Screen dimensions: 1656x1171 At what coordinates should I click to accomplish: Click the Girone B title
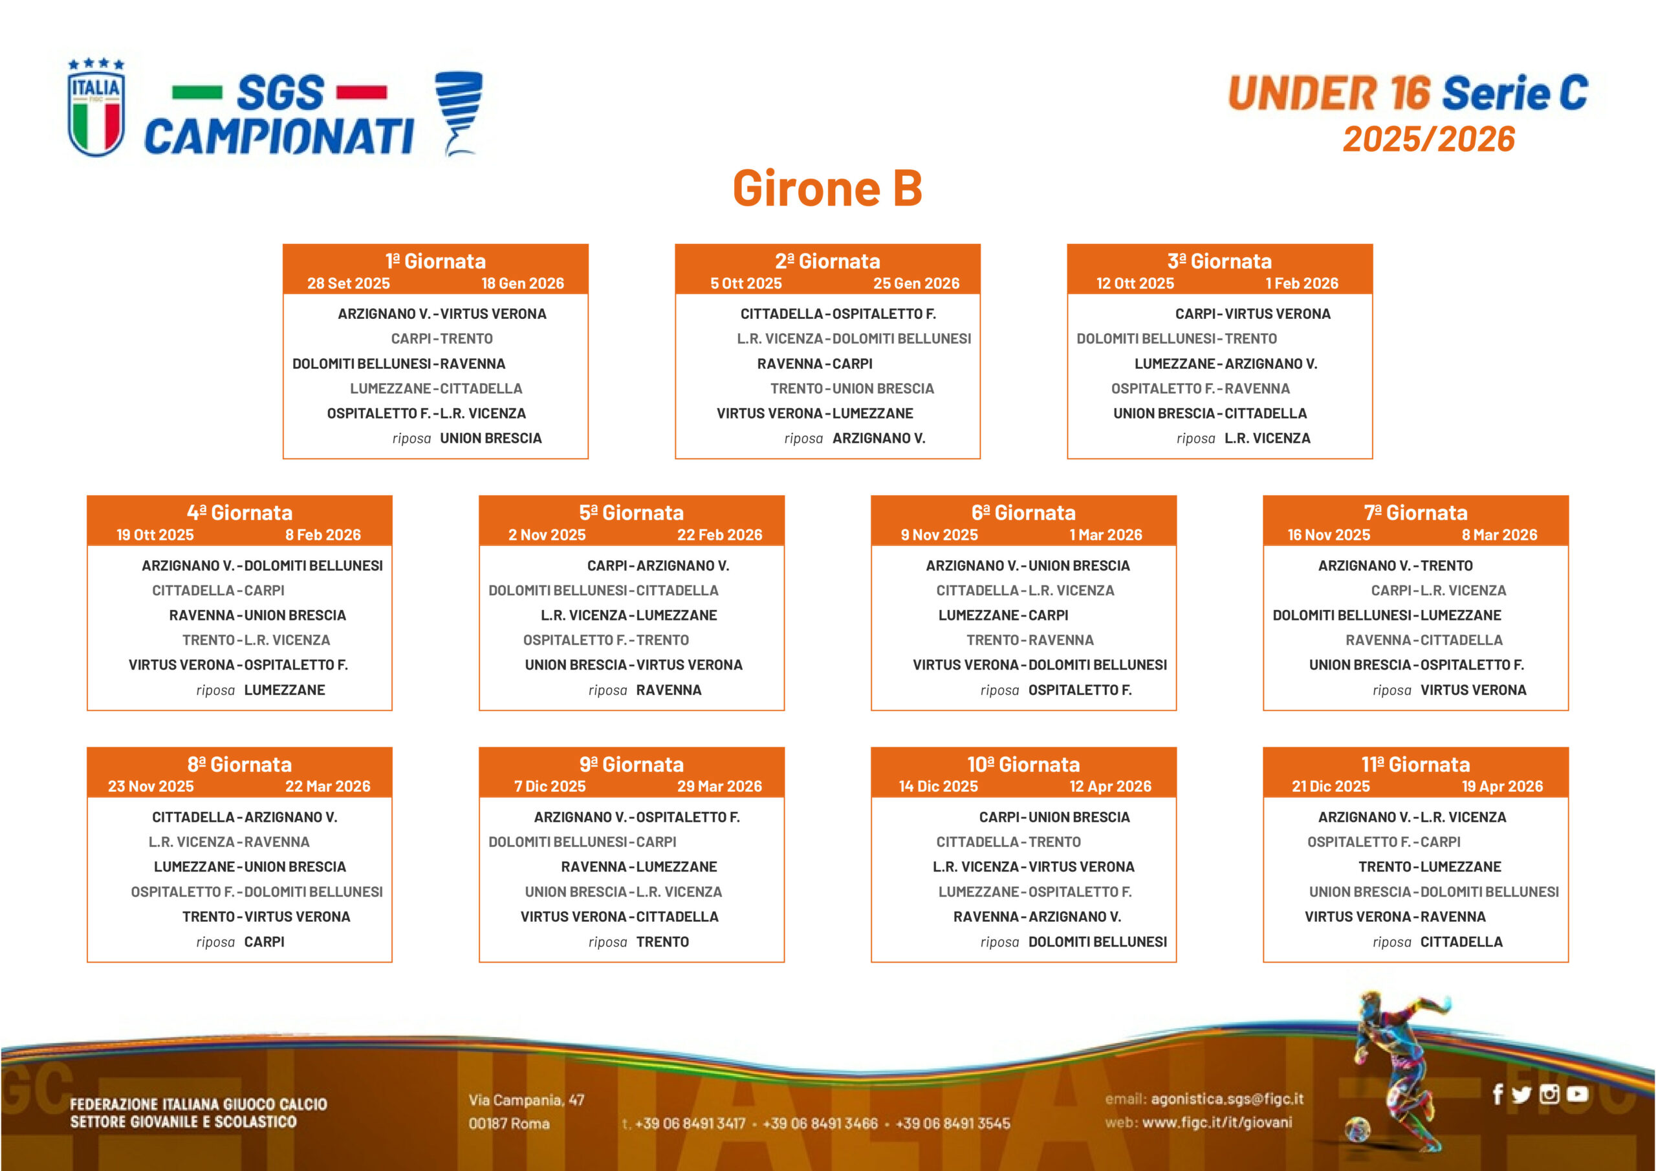(827, 188)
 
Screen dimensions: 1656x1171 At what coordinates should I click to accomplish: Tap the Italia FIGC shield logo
(96, 107)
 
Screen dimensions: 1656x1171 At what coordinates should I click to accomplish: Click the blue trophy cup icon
(459, 113)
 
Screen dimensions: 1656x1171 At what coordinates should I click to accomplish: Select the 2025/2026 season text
(1428, 139)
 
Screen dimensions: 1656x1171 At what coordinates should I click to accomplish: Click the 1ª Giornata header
(435, 261)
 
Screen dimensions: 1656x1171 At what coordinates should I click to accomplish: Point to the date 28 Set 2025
(349, 283)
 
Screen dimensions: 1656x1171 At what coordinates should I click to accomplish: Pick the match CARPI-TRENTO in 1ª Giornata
(442, 338)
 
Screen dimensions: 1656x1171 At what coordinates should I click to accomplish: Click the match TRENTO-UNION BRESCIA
(852, 388)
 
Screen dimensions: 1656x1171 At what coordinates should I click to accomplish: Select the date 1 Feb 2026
(1302, 283)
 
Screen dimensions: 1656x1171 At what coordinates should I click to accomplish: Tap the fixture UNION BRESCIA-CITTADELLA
(1210, 413)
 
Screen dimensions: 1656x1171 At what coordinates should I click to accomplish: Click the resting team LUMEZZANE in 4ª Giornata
(284, 690)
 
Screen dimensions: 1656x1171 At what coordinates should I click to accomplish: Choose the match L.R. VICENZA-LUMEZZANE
(629, 615)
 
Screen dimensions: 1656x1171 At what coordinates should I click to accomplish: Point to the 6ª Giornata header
(1023, 513)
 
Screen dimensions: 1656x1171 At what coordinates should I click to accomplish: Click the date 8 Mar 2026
(1499, 534)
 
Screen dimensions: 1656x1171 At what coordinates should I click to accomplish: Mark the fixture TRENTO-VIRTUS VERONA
(266, 916)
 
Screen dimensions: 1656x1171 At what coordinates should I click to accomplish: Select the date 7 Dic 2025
(550, 787)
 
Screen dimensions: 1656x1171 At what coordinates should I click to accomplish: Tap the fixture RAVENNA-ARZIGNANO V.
(1037, 916)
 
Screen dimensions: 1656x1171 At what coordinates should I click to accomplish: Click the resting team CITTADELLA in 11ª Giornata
(1461, 941)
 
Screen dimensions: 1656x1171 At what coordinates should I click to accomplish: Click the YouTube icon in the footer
(1577, 1095)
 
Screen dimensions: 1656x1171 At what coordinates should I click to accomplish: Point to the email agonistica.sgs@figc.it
(1227, 1099)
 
